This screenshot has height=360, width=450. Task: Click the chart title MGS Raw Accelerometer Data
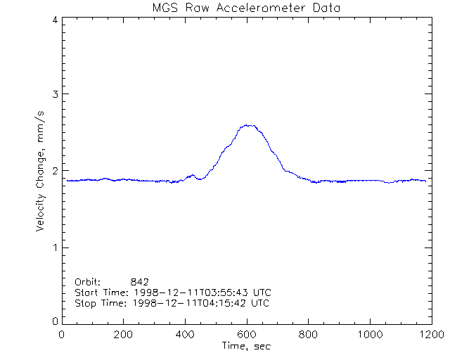(x=246, y=8)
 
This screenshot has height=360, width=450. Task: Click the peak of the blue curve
(x=247, y=125)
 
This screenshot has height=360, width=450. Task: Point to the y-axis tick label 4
(x=55, y=20)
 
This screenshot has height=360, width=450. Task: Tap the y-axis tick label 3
(x=55, y=95)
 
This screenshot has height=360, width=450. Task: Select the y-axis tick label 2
(x=55, y=171)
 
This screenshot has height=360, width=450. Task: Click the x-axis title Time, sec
(x=246, y=346)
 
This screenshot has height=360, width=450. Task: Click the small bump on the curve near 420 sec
(x=191, y=175)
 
